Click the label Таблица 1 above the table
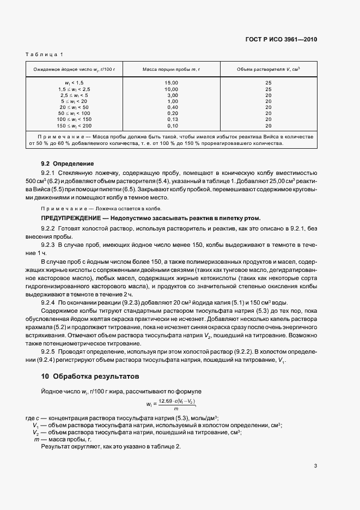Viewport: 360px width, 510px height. (x=44, y=54)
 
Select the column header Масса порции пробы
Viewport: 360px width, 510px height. (x=172, y=69)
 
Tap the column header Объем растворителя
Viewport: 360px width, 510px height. (x=269, y=69)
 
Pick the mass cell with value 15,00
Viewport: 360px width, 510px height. (x=172, y=82)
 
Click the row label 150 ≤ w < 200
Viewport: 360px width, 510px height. (x=75, y=125)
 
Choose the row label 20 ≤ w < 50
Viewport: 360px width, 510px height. (x=75, y=107)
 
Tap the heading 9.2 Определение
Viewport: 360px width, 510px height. (x=68, y=163)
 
